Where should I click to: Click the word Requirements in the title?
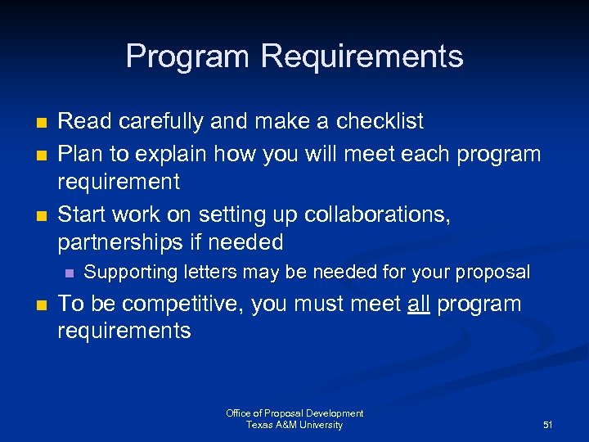click(x=362, y=57)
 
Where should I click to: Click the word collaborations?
click(x=377, y=215)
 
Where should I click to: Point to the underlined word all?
click(x=418, y=304)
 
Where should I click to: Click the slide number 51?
click(x=548, y=426)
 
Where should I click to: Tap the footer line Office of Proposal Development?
click(x=294, y=414)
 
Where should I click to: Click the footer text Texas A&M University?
click(x=294, y=426)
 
